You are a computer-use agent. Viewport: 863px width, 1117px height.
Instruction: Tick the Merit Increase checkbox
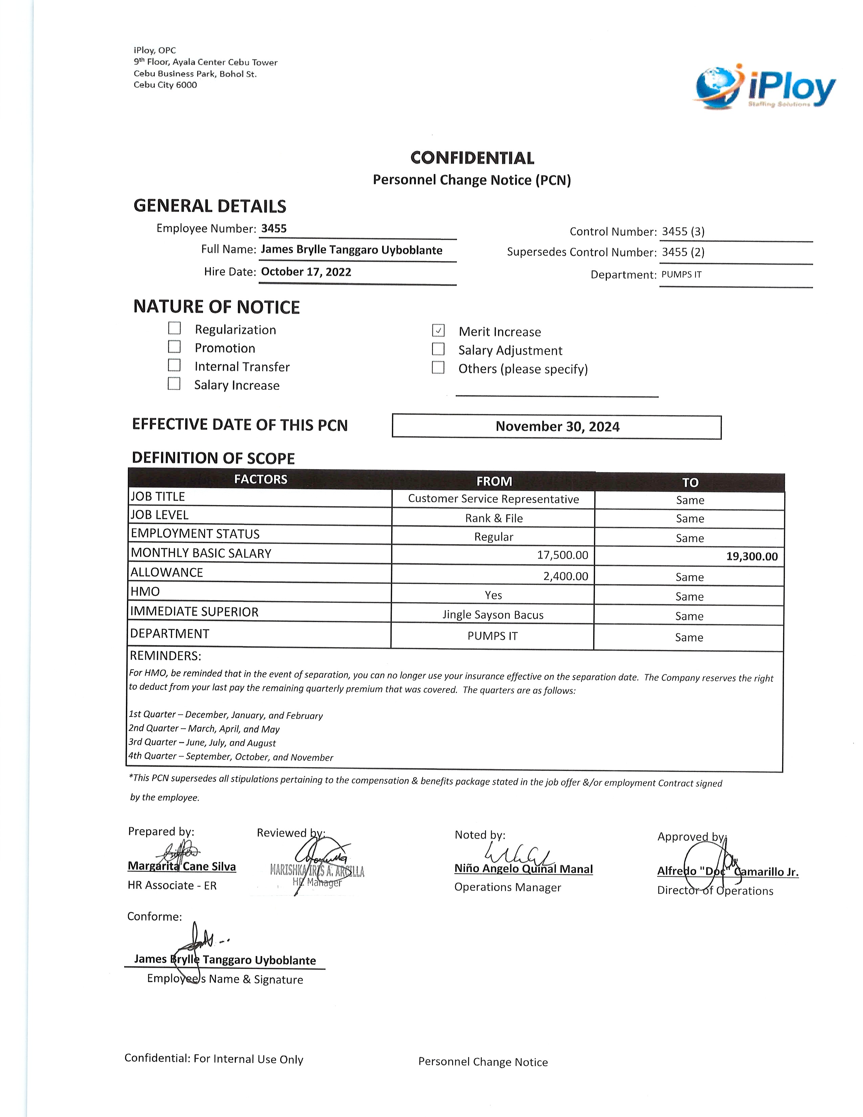tap(438, 330)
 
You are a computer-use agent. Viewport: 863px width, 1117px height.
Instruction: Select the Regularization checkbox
tap(174, 328)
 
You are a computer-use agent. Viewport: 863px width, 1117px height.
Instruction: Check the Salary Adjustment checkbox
tap(438, 349)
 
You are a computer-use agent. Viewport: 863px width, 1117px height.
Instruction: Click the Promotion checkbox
tap(174, 347)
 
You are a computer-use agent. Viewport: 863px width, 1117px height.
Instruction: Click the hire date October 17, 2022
tap(306, 271)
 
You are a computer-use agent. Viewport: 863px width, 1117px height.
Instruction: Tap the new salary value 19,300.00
tap(752, 556)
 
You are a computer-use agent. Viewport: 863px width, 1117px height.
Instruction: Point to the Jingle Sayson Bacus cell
tap(493, 615)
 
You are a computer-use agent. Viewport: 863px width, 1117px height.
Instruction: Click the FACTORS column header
tap(260, 479)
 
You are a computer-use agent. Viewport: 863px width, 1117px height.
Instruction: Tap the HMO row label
tap(145, 592)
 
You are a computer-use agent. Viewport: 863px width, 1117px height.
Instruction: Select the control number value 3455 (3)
tap(683, 232)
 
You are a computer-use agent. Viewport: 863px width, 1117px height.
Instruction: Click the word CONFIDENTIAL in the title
tap(472, 158)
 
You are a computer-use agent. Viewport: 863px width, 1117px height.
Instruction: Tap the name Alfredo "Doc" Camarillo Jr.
tap(728, 872)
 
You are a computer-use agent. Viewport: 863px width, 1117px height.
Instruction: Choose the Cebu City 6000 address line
tap(165, 85)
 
